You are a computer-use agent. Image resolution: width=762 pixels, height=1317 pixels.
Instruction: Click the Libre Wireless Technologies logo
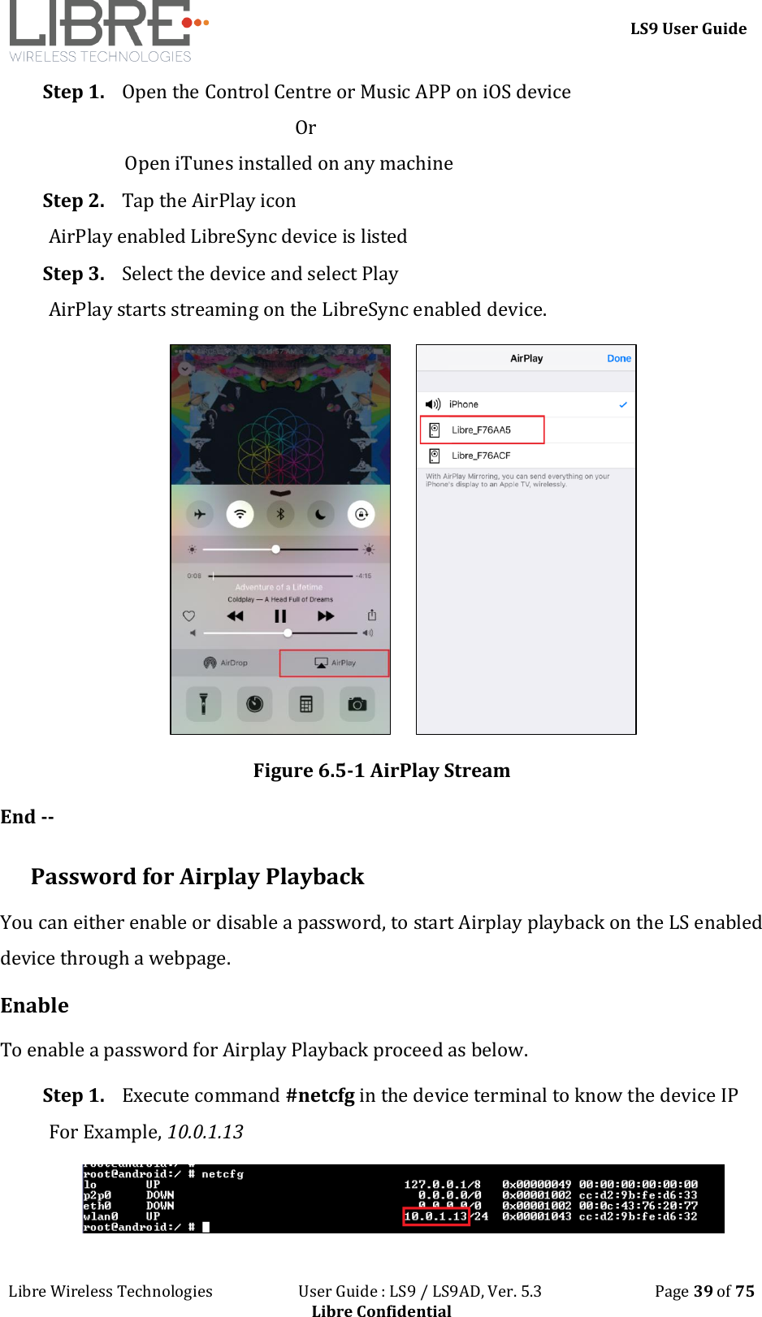[106, 31]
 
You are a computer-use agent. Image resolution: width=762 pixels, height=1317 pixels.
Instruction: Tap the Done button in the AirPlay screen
[618, 358]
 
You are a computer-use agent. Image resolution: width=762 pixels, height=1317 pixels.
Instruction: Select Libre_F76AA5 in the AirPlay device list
[481, 430]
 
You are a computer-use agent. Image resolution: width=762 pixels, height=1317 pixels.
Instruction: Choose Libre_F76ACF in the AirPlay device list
[481, 456]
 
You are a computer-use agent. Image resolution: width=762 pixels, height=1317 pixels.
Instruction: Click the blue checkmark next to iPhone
[623, 404]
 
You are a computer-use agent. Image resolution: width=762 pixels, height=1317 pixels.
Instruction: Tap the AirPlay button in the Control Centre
[335, 663]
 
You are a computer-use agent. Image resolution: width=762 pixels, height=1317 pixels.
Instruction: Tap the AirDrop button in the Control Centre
[226, 663]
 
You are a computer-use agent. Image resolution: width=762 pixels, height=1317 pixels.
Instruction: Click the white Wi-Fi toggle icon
[240, 514]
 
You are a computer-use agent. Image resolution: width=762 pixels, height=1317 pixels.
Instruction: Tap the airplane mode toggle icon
[200, 514]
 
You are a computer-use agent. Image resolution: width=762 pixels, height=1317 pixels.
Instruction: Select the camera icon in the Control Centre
[357, 704]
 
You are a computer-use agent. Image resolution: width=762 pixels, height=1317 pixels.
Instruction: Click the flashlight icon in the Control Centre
[204, 704]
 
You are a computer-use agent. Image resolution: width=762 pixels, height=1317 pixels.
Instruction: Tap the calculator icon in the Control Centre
[306, 704]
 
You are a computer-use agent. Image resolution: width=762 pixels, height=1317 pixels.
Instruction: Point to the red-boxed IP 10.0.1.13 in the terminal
[436, 1216]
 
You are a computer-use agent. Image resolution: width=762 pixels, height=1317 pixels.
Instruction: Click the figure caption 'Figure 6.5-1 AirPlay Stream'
[381, 770]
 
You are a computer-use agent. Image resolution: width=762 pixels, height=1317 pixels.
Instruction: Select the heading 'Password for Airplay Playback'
[197, 876]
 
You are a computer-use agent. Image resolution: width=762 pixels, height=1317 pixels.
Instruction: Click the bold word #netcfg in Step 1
[320, 1095]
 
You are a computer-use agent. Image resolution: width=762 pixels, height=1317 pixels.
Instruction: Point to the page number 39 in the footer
[703, 1291]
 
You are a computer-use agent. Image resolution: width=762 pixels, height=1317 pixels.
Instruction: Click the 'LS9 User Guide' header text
[688, 28]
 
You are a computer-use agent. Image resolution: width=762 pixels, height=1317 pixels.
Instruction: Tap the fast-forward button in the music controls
[326, 616]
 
